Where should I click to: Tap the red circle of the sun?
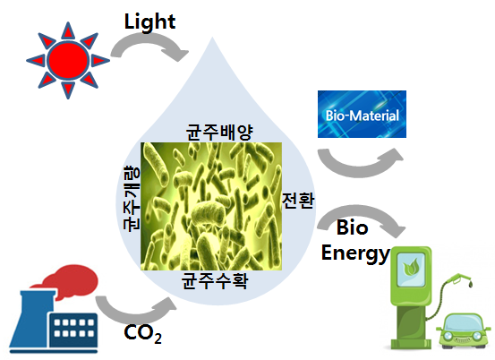[68, 60]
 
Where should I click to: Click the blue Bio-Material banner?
[362, 114]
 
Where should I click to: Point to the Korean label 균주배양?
[219, 132]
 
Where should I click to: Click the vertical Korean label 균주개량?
[132, 198]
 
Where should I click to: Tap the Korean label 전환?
[298, 200]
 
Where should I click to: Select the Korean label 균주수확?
[215, 280]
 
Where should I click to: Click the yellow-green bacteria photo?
[211, 206]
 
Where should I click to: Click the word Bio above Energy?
[353, 227]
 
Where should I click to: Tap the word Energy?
[355, 253]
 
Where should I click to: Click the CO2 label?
[142, 333]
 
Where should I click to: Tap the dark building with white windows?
[73, 330]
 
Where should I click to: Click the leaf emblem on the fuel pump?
[410, 267]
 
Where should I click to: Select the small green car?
[464, 330]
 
